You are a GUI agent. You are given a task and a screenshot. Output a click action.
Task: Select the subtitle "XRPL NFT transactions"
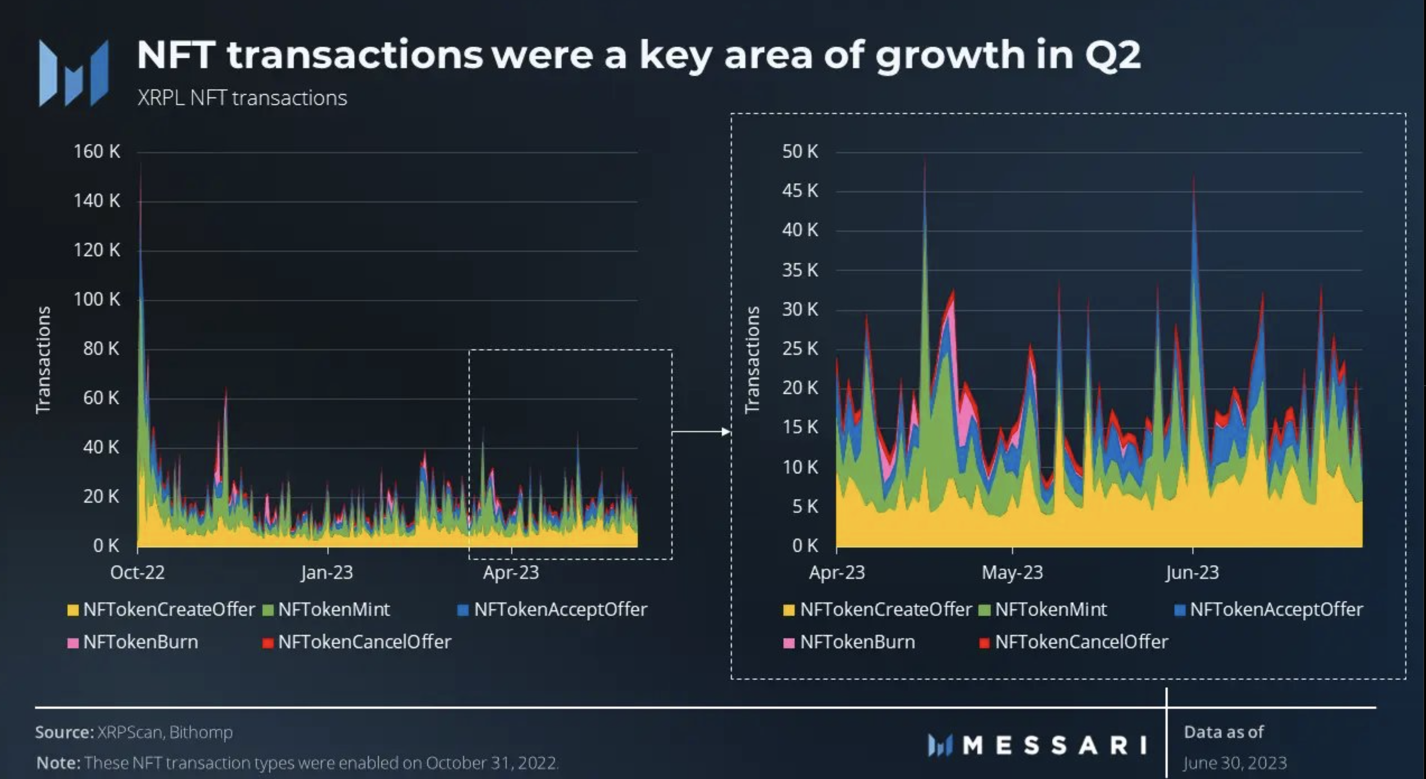pos(242,98)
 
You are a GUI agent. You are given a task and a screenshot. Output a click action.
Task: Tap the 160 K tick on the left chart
pos(97,151)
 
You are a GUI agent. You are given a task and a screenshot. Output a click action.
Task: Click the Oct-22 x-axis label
pos(137,572)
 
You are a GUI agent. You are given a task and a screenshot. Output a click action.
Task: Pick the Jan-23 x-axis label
pos(327,572)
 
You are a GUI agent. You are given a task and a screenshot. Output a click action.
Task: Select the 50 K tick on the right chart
pos(800,151)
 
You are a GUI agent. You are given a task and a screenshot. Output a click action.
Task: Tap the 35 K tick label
pos(800,270)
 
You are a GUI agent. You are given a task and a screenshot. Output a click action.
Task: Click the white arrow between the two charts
pos(701,432)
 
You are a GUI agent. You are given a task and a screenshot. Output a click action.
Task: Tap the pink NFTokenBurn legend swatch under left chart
pos(72,643)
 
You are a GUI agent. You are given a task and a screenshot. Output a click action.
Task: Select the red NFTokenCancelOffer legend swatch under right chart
pos(984,643)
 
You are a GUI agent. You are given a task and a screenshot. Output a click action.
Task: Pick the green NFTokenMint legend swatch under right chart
pos(984,610)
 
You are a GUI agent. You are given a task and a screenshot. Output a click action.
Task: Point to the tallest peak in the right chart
pos(925,161)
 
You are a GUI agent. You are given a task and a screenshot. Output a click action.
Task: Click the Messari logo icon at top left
pos(74,73)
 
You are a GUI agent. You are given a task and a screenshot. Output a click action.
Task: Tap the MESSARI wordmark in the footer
pos(1054,745)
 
